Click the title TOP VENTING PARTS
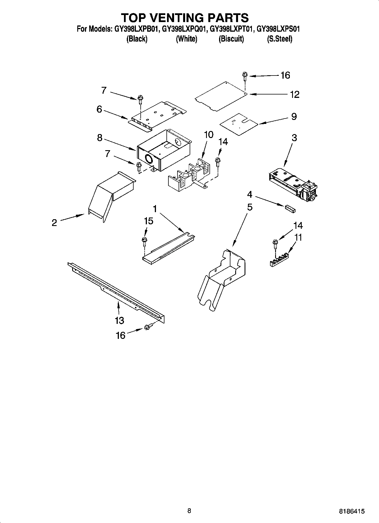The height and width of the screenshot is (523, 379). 185,18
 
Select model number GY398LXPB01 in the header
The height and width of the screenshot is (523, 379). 137,29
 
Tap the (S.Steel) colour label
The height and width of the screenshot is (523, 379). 279,39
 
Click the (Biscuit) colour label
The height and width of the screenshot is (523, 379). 231,39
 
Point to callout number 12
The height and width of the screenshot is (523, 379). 294,94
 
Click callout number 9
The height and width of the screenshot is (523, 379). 294,116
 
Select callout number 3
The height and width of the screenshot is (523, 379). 294,138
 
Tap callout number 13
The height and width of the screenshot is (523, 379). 119,320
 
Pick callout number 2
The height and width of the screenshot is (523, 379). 54,223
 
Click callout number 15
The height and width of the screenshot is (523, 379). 148,221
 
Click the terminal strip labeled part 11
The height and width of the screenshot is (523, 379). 279,260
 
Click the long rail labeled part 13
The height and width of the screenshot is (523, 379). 116,291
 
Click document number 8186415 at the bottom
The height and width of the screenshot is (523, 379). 352,511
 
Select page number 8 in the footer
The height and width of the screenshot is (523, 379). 189,511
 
